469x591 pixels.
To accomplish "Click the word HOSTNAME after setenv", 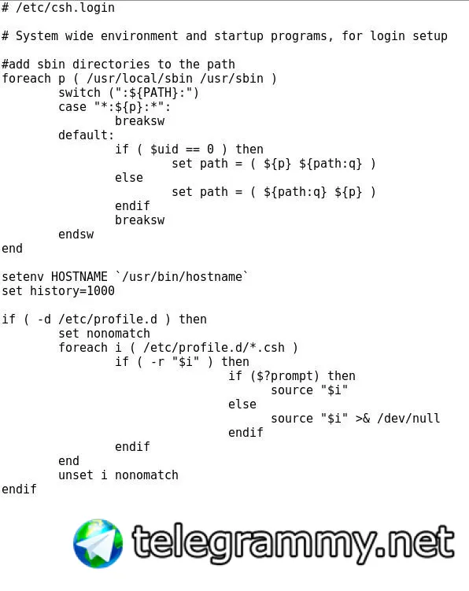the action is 79,277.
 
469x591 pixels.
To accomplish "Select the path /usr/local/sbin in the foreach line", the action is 139,79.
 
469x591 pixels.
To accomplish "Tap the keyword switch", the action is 79,93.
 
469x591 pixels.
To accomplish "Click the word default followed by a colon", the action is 87,135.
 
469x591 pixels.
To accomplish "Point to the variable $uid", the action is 164,150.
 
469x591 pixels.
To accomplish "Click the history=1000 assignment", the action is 72,291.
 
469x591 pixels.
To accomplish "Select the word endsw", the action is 76,235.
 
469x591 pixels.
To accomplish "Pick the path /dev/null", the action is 408,419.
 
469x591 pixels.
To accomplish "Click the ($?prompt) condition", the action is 285,376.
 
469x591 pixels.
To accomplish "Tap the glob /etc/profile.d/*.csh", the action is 214,348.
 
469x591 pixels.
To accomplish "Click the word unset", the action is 76,475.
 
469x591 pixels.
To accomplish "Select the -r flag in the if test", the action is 157,362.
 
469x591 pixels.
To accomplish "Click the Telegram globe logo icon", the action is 98,544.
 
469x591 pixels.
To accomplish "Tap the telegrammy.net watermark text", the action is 294,543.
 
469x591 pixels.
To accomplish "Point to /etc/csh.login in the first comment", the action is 65,8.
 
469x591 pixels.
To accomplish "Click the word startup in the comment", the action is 238,36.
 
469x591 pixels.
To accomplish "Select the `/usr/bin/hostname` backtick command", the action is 182,277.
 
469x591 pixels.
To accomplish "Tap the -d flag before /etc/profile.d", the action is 44,320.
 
